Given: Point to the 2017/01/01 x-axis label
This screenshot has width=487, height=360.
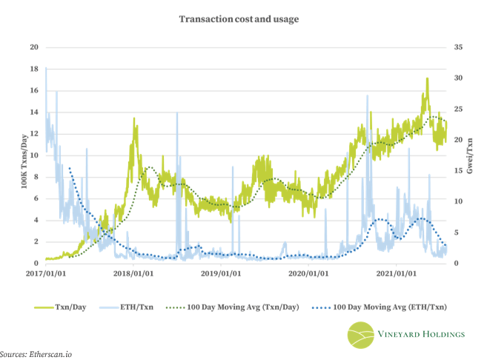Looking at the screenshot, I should [45, 273].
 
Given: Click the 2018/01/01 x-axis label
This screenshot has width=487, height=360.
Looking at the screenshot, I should [133, 273].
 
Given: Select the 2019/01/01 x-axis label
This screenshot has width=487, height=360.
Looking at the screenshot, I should [221, 273].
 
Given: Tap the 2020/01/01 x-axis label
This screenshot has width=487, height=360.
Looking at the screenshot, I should [308, 273].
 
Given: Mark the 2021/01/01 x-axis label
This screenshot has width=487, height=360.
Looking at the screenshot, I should [396, 273].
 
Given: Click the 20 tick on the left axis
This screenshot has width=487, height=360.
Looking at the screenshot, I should [33, 47].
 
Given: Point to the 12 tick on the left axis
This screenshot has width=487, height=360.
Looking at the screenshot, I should [33, 134].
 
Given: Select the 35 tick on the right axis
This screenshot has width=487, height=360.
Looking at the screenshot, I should [457, 47].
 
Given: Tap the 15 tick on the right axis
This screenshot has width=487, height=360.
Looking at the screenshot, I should [457, 171].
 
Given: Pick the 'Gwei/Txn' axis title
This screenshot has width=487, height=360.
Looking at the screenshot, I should [470, 156].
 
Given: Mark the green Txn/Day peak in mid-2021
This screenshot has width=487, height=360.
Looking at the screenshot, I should [427, 79].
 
